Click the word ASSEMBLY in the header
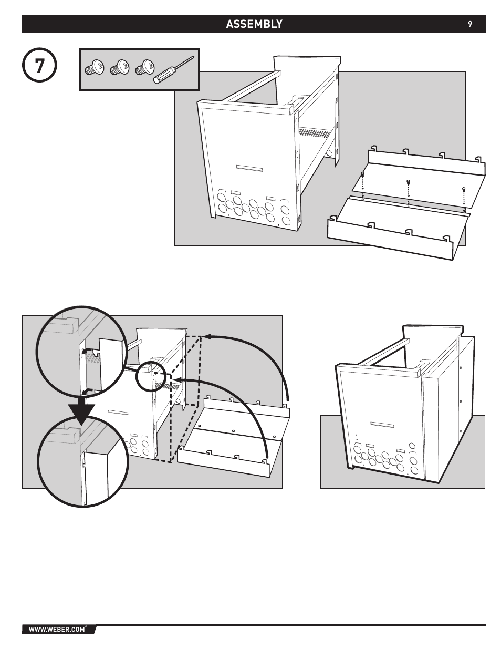pyautogui.click(x=254, y=24)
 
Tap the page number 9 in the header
pyautogui.click(x=471, y=24)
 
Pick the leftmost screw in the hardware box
pyautogui.click(x=94, y=68)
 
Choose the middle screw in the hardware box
pyautogui.click(x=119, y=68)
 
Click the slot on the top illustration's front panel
pyautogui.click(x=249, y=168)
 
